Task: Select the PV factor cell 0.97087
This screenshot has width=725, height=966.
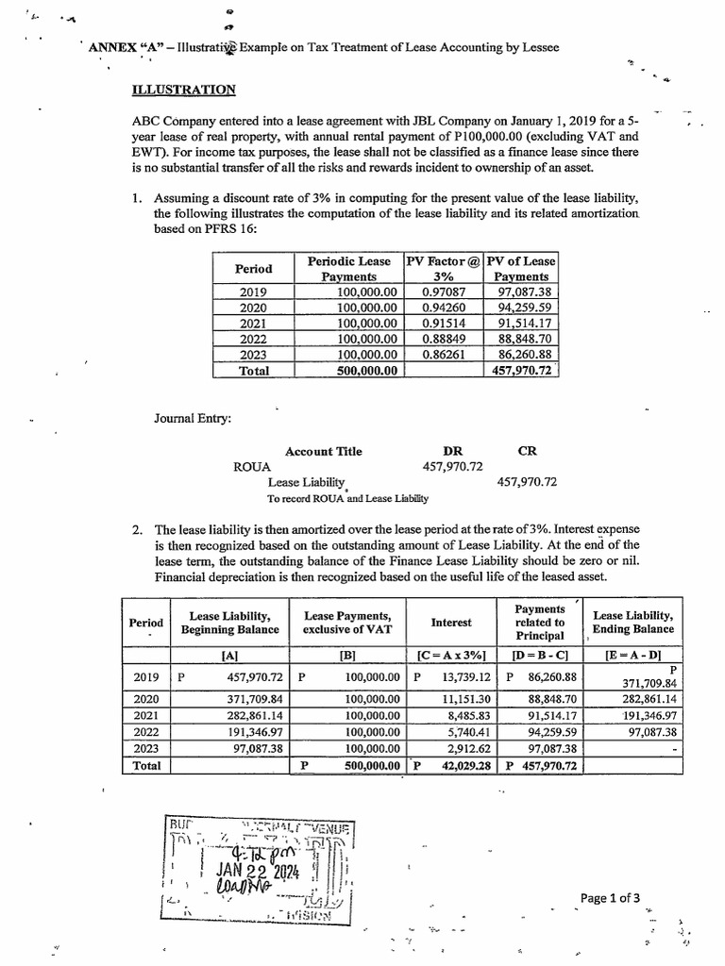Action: pyautogui.click(x=442, y=291)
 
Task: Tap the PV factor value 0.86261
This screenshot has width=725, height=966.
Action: pyautogui.click(x=442, y=355)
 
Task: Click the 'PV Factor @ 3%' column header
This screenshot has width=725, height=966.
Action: pyautogui.click(x=442, y=268)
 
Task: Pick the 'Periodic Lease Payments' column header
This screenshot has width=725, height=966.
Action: pyautogui.click(x=349, y=268)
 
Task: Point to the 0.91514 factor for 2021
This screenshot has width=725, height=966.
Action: pyautogui.click(x=442, y=323)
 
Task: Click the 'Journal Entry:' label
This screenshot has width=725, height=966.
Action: pyautogui.click(x=192, y=419)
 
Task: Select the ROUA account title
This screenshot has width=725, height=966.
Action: pyautogui.click(x=252, y=466)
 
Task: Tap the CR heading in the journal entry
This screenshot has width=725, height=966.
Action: pyautogui.click(x=527, y=451)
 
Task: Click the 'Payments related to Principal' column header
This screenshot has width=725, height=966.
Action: pyautogui.click(x=540, y=622)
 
